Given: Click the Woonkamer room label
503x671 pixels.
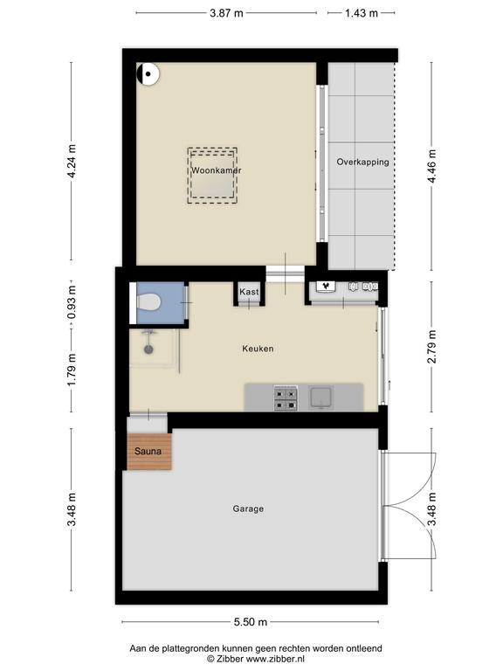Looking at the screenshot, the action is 217,170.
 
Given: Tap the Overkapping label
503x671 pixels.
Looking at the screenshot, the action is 362,163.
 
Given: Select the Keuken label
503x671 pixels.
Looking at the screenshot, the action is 258,349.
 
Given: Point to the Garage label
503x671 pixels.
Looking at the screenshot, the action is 248,508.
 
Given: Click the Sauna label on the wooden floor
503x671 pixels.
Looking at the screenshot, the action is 148,451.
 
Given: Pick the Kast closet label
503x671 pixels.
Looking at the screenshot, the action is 249,292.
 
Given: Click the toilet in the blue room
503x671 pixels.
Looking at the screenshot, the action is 148,302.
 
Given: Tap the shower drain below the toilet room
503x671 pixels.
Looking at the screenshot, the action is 148,349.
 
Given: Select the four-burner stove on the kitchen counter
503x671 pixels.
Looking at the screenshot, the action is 286,398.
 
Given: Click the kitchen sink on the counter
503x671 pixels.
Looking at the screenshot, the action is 320,398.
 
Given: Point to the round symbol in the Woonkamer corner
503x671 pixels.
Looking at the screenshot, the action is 148,74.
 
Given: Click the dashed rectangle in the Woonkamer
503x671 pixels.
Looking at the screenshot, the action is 212,176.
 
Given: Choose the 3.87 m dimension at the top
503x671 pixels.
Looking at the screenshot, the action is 226,13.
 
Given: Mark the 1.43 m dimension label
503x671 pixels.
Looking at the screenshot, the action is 362,13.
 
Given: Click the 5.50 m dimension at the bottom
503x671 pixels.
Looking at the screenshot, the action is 251,622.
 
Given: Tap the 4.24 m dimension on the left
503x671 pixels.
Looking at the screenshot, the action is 72,162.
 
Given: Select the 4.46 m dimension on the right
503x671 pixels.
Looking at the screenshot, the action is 432,167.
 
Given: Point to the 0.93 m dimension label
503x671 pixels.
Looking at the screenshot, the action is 72,302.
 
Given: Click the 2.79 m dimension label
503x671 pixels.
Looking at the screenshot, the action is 432,347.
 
